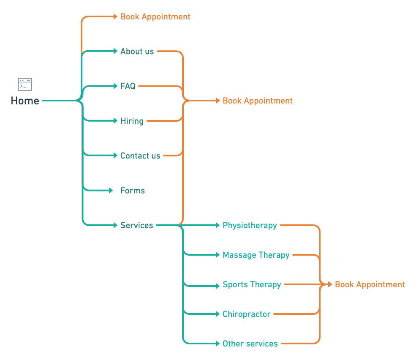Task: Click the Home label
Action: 25,101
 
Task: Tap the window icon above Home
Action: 25,85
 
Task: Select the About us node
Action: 137,51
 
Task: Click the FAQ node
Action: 128,86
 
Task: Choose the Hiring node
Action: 132,121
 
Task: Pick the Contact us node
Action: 140,155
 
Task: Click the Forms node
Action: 133,191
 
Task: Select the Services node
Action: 137,225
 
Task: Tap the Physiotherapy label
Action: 250,225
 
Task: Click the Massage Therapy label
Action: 256,255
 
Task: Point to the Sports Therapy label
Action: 252,285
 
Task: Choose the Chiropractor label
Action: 247,314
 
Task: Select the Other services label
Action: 250,344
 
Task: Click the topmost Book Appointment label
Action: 155,17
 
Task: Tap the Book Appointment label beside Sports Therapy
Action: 370,285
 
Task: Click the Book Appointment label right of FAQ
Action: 258,101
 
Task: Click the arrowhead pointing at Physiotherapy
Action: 218,225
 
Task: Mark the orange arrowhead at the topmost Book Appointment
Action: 115,16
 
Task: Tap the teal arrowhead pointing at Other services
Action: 218,344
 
